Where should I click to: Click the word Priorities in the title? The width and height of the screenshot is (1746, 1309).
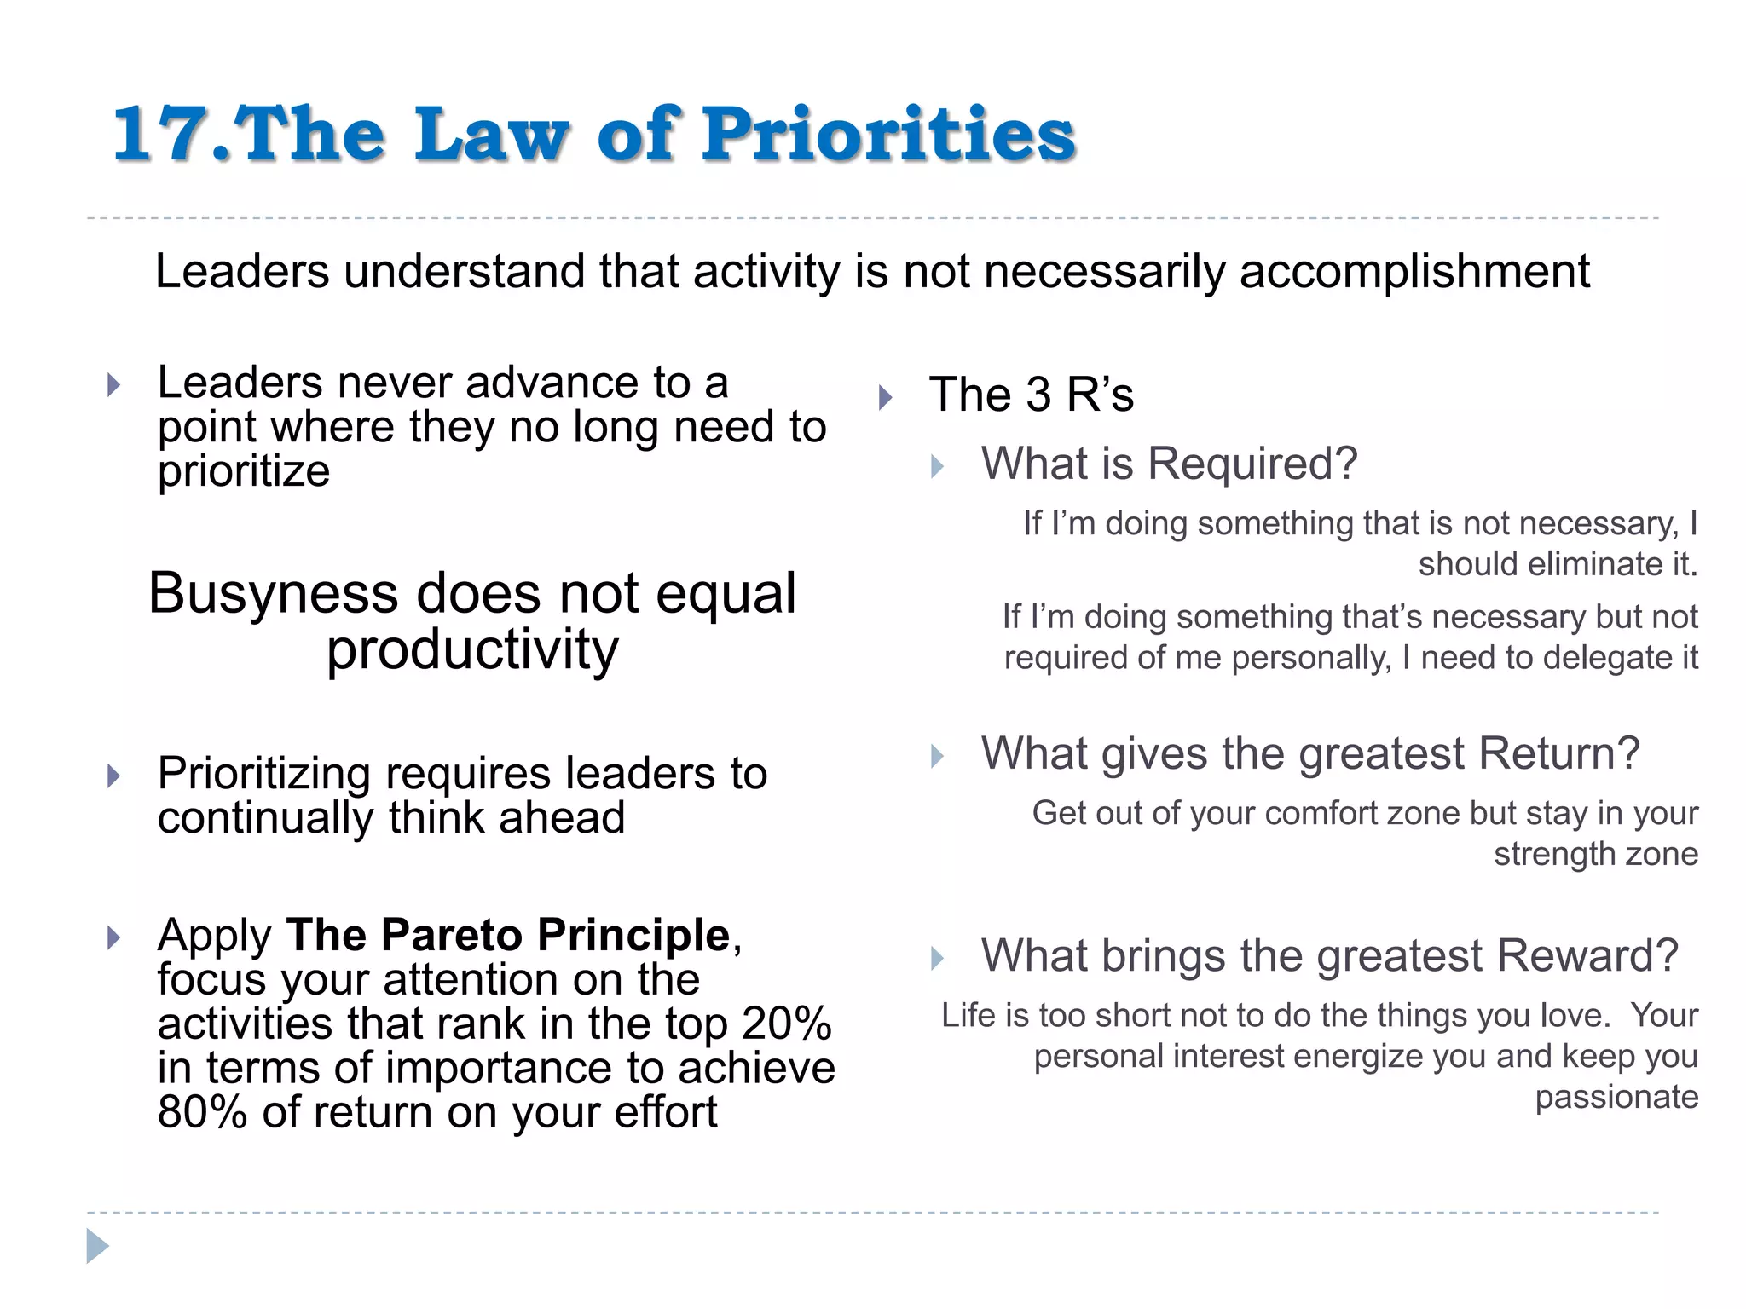click(x=888, y=135)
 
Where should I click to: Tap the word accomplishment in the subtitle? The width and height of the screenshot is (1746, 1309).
click(x=1414, y=272)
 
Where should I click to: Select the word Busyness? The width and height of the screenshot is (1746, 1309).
click(x=273, y=593)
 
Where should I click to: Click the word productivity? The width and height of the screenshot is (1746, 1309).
click(x=472, y=650)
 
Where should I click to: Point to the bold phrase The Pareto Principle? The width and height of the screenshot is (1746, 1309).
click(x=508, y=935)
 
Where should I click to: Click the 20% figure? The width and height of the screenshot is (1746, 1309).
click(x=786, y=1024)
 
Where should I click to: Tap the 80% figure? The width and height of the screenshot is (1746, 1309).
click(x=202, y=1112)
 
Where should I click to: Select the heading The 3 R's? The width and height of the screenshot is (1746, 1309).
click(x=1031, y=395)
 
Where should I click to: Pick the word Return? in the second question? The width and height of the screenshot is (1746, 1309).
click(x=1558, y=754)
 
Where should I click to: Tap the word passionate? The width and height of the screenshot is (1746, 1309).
click(x=1616, y=1097)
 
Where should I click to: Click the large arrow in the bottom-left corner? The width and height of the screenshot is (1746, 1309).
click(x=97, y=1247)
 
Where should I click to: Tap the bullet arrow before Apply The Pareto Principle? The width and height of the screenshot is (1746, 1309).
click(x=113, y=938)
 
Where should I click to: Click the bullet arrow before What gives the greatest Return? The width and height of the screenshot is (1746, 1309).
click(x=937, y=756)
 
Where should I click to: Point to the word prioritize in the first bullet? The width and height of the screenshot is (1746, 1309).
click(x=244, y=471)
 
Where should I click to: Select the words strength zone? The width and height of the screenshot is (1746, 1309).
click(x=1595, y=854)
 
